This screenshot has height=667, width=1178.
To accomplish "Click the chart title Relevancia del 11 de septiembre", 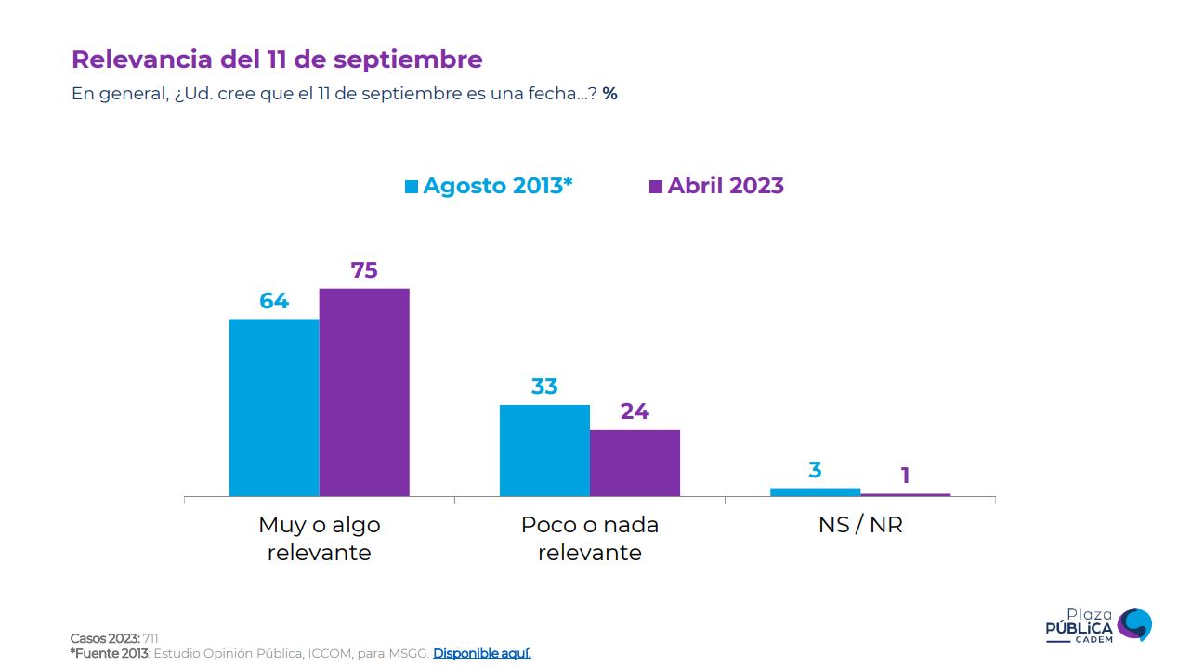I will tap(277, 59).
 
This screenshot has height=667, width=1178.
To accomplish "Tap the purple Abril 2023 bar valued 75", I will tap(364, 392).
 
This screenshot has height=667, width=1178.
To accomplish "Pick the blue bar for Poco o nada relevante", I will tap(544, 451).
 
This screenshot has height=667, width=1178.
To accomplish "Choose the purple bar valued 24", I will tap(635, 463).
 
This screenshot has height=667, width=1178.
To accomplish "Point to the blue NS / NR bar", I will tap(815, 491).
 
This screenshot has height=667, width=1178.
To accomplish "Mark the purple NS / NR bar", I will tap(905, 494).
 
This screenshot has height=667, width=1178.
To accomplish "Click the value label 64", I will tap(274, 301).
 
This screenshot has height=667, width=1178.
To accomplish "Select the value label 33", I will tap(544, 386).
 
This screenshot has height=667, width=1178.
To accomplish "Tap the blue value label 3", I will tap(815, 470).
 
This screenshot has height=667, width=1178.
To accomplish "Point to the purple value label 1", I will tap(905, 477).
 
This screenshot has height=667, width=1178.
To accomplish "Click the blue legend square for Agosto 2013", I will tap(412, 187).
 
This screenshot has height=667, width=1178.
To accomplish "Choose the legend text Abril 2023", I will tap(726, 186).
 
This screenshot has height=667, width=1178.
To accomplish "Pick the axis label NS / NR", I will tap(860, 525).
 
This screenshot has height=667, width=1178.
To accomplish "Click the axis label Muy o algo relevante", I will tap(320, 539).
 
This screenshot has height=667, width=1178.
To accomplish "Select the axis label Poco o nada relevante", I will tap(590, 539).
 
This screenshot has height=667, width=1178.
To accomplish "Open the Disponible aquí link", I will tap(482, 653).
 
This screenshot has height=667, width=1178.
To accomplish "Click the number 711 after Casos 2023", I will tap(151, 638).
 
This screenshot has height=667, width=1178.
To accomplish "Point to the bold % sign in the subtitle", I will tap(609, 94).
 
